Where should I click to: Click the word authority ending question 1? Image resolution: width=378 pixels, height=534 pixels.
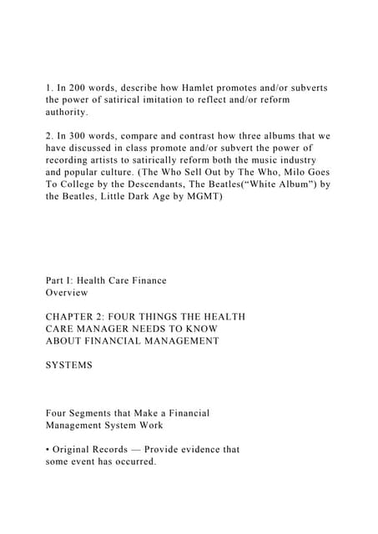(67, 111)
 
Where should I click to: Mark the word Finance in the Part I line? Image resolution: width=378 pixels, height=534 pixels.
(147, 280)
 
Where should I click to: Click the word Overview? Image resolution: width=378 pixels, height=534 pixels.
(67, 293)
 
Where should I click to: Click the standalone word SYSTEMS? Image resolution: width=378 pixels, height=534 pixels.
(69, 365)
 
